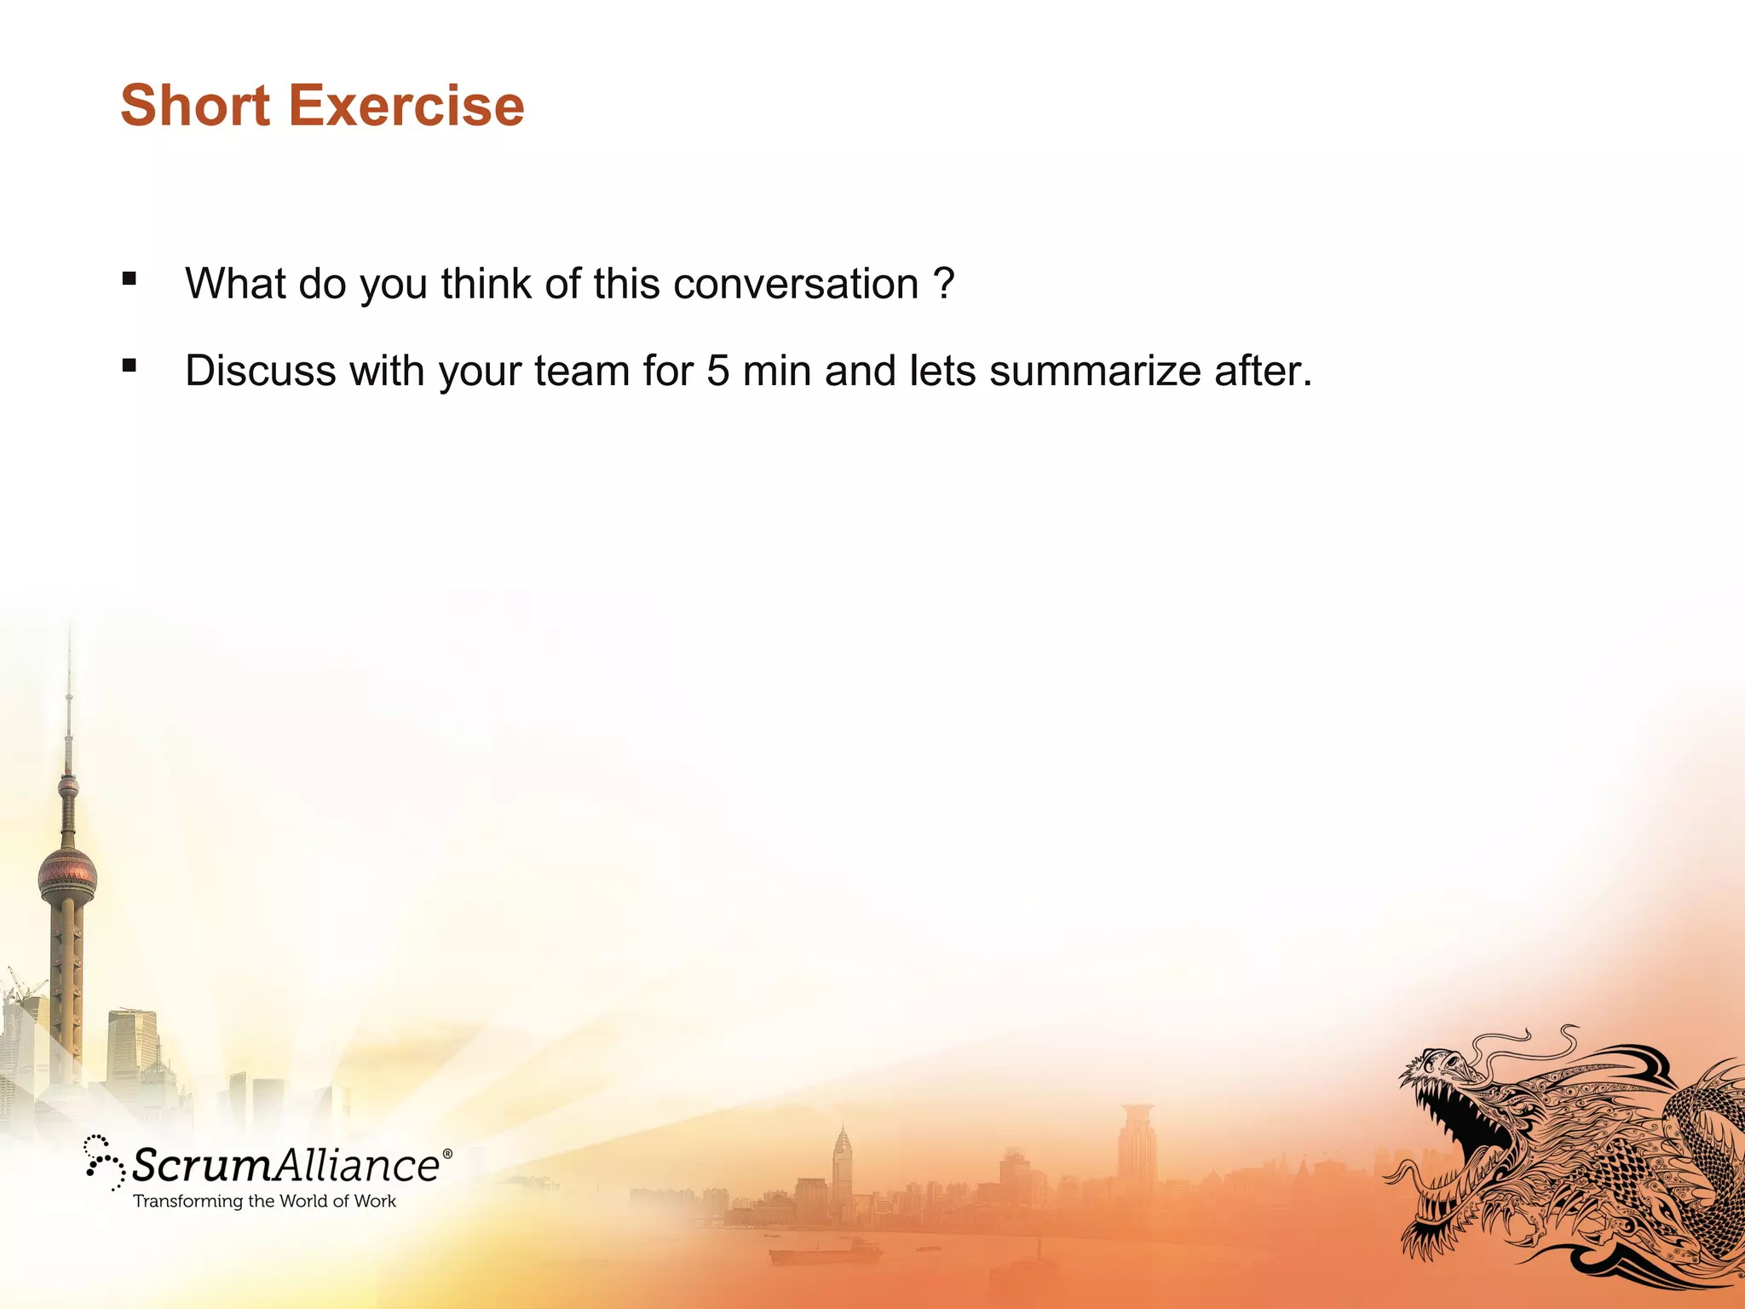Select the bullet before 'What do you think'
click(x=130, y=279)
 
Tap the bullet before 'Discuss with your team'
click(x=130, y=366)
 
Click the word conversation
click(x=795, y=284)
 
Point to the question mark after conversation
click(x=943, y=284)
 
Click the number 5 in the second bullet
click(x=717, y=371)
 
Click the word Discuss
click(x=260, y=371)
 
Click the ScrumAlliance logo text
click(x=285, y=1165)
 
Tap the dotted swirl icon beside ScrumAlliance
click(x=104, y=1162)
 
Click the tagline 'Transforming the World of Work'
click(x=264, y=1202)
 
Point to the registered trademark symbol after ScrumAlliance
click(x=447, y=1153)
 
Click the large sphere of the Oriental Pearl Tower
click(x=67, y=876)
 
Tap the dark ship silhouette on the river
click(x=824, y=1254)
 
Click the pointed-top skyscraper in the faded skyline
click(x=842, y=1159)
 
